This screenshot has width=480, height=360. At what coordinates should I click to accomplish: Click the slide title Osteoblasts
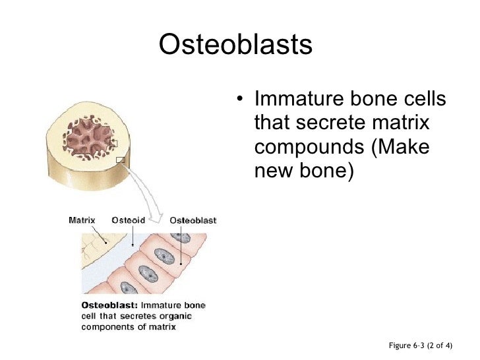235,45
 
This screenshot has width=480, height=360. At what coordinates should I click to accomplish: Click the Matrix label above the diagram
82,220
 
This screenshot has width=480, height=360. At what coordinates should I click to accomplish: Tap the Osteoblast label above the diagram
193,220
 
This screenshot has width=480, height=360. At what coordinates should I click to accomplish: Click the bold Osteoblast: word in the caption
109,305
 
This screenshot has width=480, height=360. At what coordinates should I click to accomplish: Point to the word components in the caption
106,326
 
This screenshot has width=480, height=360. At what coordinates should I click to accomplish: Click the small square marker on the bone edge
120,160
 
